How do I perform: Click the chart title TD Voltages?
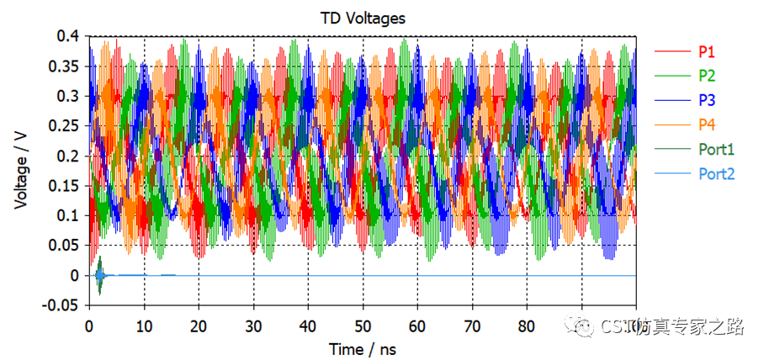pyautogui.click(x=362, y=17)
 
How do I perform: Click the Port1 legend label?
pyautogui.click(x=716, y=150)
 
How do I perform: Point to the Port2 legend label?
pyautogui.click(x=716, y=174)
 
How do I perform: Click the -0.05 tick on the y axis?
pyautogui.click(x=64, y=305)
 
